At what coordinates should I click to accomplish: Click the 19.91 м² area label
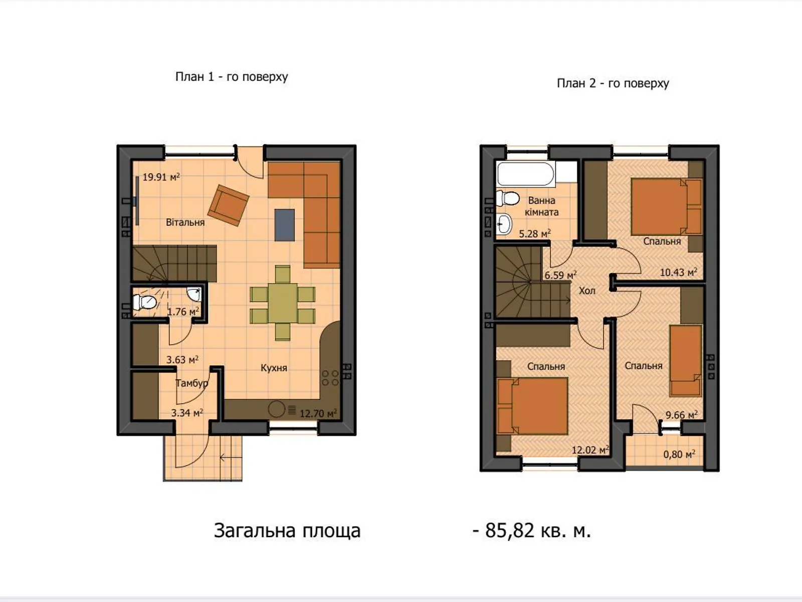click(161, 177)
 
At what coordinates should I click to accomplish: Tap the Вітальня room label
click(185, 222)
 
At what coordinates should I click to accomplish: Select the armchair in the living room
click(229, 205)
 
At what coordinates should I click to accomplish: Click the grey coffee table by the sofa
click(284, 225)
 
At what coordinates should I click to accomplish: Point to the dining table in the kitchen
click(283, 303)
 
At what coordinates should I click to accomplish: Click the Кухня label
click(274, 368)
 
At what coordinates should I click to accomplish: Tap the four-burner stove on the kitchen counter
click(330, 378)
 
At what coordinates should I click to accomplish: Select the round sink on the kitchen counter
click(277, 409)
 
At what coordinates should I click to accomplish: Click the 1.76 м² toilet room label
click(183, 312)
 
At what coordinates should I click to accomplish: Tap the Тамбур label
click(191, 383)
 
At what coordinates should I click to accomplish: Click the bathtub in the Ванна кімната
click(525, 174)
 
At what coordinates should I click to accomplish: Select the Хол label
click(587, 290)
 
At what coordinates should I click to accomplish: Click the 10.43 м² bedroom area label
click(678, 272)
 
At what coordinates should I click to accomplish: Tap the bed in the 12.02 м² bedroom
click(533, 406)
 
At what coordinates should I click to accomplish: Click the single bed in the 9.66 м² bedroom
click(686, 361)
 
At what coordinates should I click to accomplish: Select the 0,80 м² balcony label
click(679, 455)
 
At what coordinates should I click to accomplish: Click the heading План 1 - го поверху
click(232, 77)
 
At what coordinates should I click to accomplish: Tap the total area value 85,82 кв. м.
click(532, 530)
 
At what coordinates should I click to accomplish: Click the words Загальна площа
click(287, 530)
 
